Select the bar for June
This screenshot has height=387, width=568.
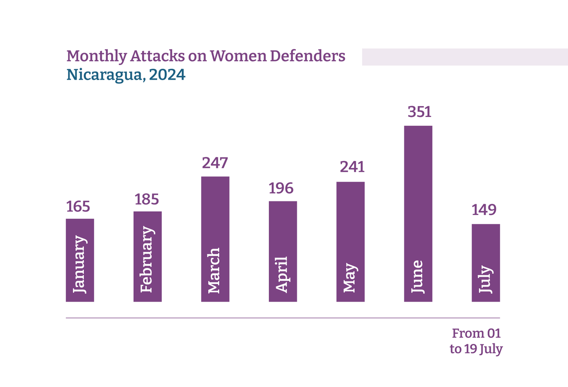[x=418, y=213]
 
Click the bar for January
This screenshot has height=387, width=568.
[x=80, y=260]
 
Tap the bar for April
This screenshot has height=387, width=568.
[x=283, y=251]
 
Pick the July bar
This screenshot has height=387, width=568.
[x=486, y=262]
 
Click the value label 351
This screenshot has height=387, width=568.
[x=419, y=113]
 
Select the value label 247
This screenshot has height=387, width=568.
[x=215, y=163]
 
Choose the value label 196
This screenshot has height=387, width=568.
[x=281, y=189]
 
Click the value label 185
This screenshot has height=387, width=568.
[x=147, y=199]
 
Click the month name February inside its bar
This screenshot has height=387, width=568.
[x=148, y=259]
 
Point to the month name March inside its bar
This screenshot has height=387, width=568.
[x=214, y=270]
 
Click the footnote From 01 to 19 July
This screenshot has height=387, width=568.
[x=476, y=341]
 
